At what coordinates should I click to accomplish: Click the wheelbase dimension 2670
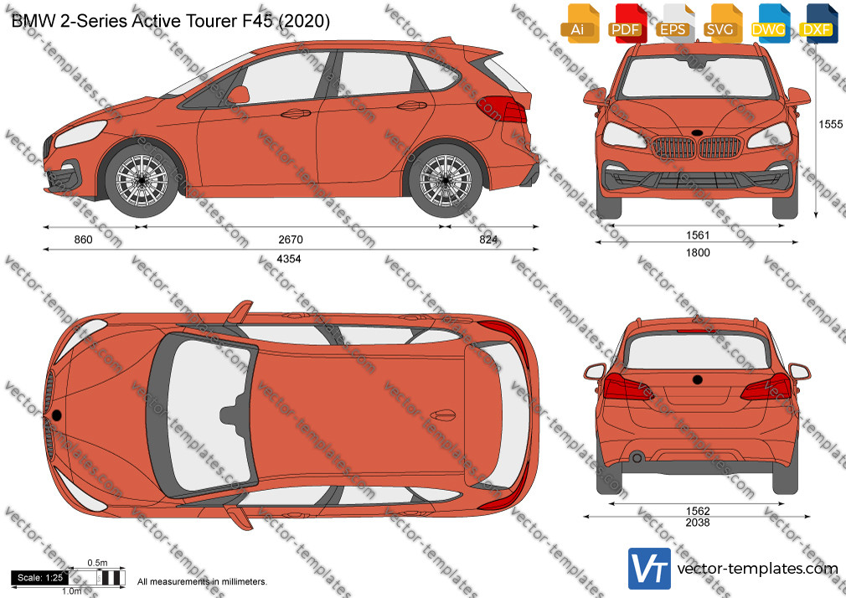[x=291, y=240]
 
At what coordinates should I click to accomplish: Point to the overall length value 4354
[x=289, y=259]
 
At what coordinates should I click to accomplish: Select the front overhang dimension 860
[x=83, y=240]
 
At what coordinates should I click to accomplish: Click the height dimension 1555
[x=830, y=124]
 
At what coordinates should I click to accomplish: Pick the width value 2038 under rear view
[x=698, y=523]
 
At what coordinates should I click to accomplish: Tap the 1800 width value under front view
[x=698, y=253]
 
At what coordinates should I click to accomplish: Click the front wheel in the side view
[x=142, y=180]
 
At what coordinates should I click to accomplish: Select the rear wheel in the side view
[x=445, y=180]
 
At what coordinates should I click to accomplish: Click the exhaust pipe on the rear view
[x=637, y=457]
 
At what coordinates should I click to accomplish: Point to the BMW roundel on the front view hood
[x=697, y=133]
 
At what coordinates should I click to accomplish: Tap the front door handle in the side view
[x=296, y=113]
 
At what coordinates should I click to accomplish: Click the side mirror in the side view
[x=239, y=95]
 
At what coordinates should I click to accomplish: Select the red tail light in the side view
[x=502, y=109]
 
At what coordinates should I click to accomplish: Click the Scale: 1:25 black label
[x=40, y=578]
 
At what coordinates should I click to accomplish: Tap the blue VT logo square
[x=650, y=569]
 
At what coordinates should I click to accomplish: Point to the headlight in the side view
[x=80, y=133]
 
